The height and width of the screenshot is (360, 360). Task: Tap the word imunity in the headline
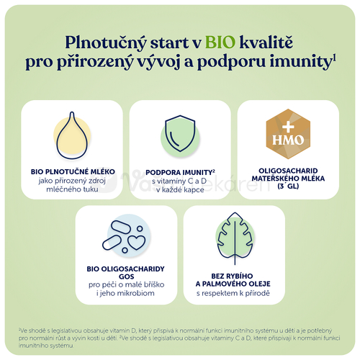click(303, 63)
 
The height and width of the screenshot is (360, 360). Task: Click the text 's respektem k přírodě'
click(232, 295)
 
